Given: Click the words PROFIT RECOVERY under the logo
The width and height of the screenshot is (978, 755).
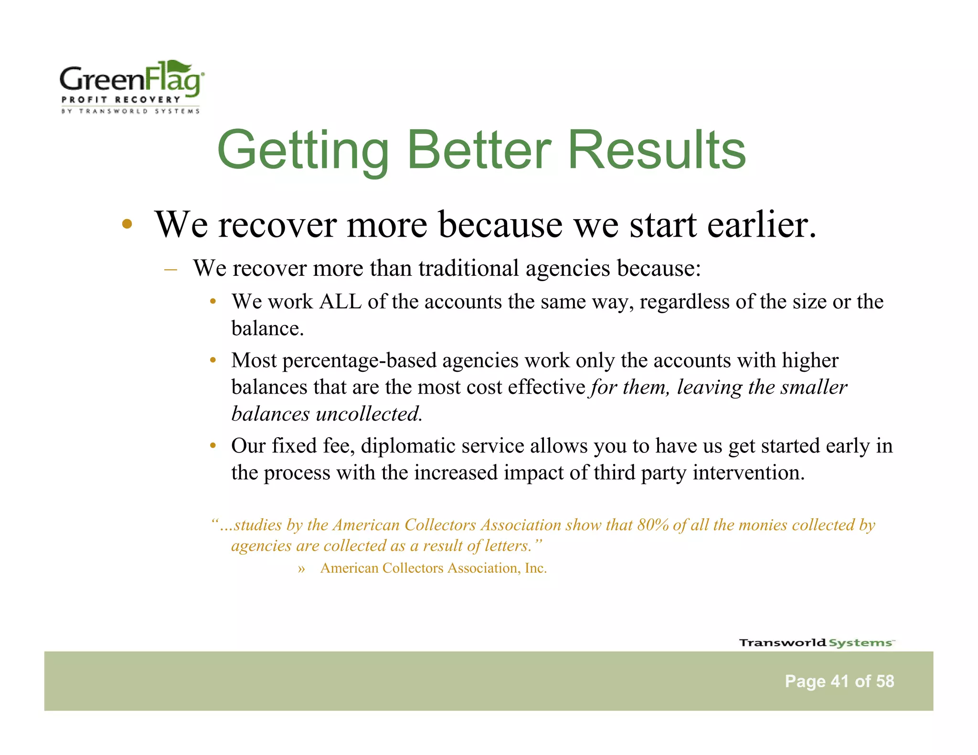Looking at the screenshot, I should pos(121,100).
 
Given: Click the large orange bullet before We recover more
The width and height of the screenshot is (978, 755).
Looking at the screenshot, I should pos(127,224).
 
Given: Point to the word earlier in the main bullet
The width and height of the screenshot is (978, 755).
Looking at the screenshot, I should pos(761,224).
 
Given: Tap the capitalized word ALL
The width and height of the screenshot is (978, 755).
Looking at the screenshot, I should pos(340,302).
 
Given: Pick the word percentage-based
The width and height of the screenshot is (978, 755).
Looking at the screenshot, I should pos(360,360).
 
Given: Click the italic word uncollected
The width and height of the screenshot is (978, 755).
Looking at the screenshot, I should pos(370,414).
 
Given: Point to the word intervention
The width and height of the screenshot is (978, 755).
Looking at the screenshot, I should pos(748,472).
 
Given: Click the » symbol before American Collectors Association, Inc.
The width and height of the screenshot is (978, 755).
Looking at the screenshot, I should pos(301,569).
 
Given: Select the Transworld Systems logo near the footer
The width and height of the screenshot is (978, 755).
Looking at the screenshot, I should pos(816,643).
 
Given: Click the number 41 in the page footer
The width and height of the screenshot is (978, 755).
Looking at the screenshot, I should pos(840,681).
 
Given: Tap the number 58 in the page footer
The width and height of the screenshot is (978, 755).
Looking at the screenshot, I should pos(885,681).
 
